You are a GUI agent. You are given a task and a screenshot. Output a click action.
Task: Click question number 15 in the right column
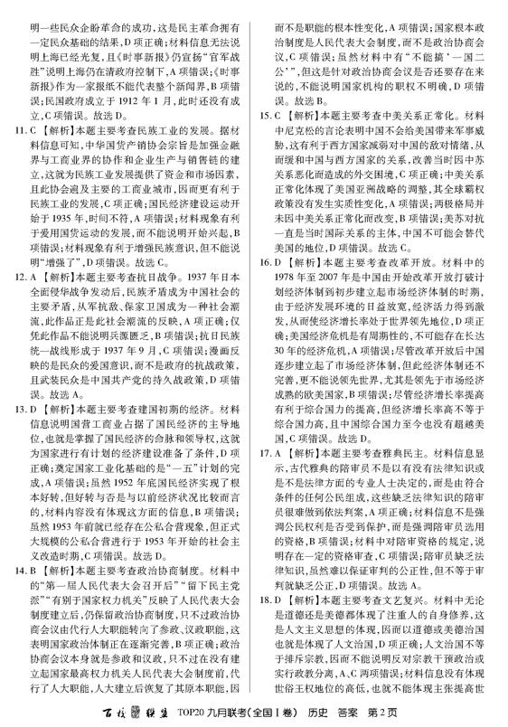pos(266,116)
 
